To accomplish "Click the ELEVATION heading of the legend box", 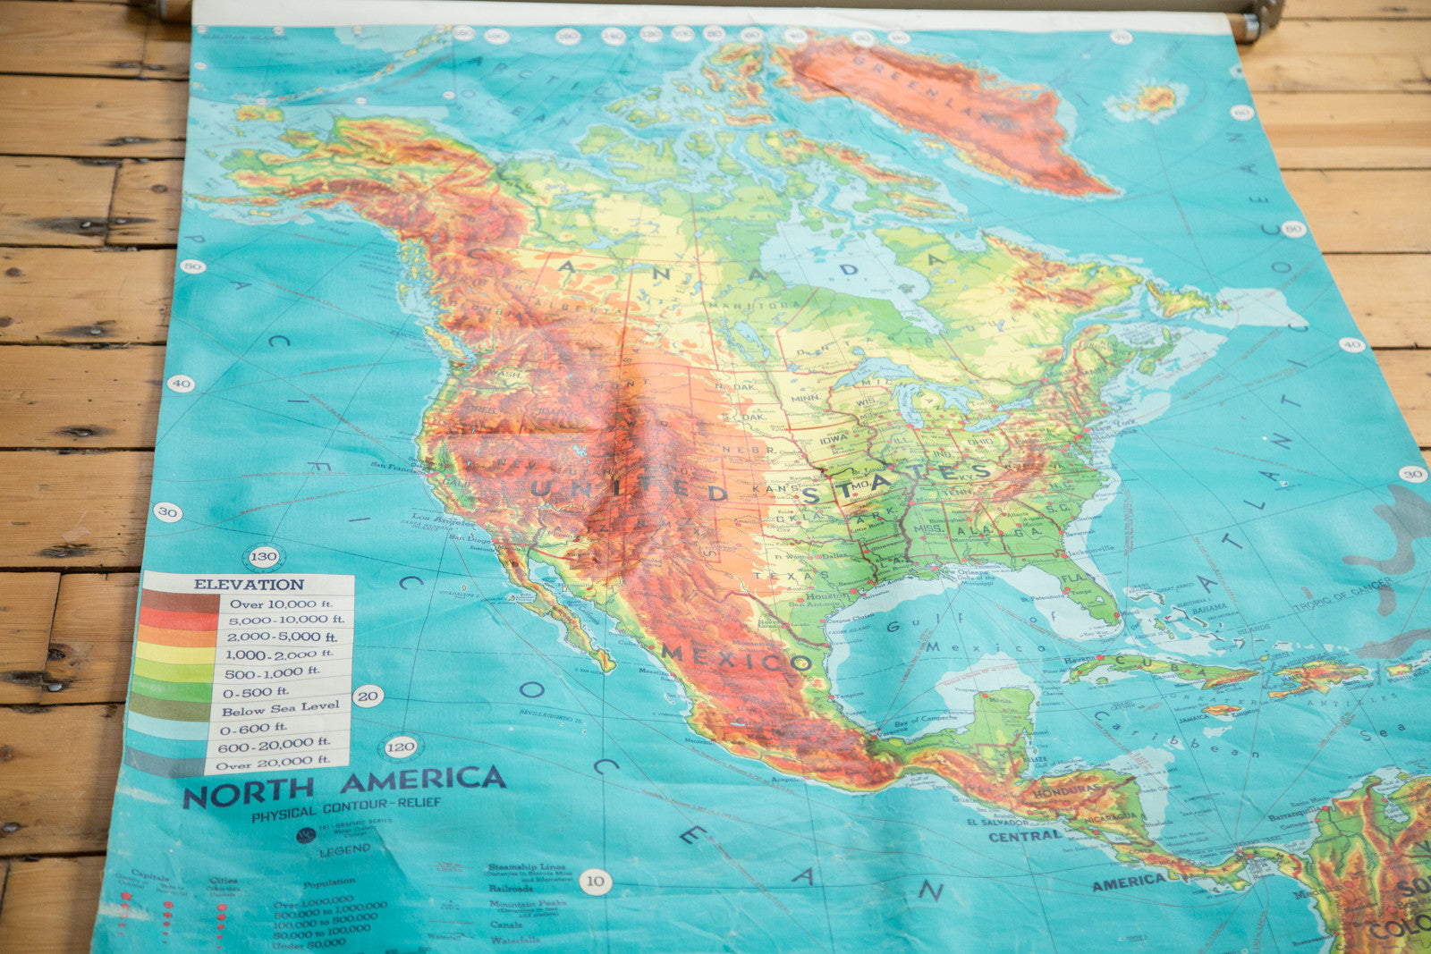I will pos(249,584).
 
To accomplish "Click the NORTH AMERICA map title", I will pos(344,785).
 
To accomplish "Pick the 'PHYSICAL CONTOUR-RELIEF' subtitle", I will pos(346,807).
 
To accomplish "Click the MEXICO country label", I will pos(736,659).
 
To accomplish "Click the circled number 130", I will pos(263,556).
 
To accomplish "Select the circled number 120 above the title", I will pos(400,747).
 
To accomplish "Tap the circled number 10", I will pos(595,882).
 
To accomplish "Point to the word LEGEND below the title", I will pos(344,850).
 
